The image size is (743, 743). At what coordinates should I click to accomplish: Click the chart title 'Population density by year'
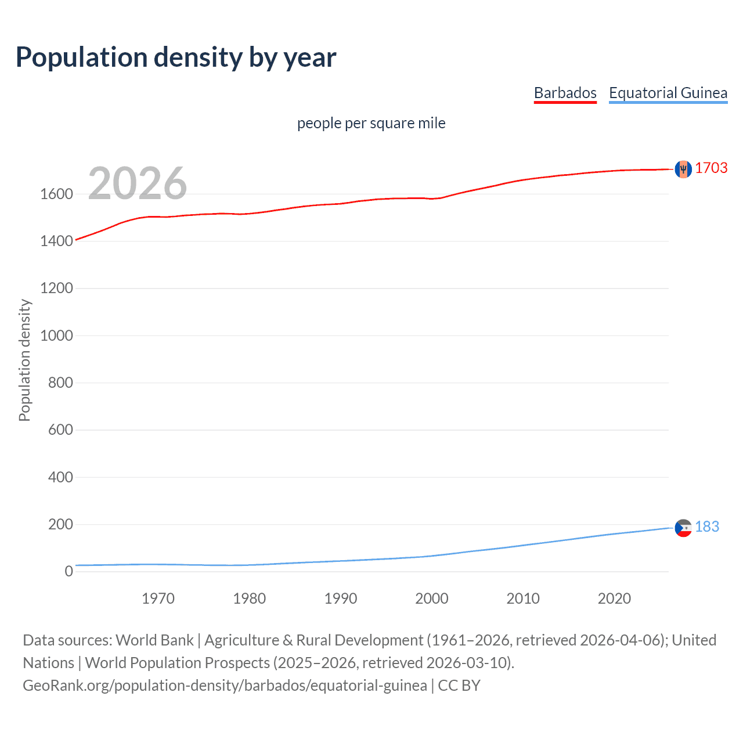coord(176,57)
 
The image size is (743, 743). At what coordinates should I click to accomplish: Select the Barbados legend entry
coord(565,93)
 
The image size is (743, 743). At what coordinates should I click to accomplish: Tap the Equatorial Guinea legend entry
coord(668,93)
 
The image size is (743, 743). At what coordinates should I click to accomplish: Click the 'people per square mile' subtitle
coord(371,123)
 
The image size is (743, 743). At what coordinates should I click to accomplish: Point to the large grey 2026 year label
coord(138,183)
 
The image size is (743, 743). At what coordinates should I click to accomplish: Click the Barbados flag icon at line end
coord(683,169)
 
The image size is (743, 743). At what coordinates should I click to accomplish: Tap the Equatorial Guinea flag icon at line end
coord(683,528)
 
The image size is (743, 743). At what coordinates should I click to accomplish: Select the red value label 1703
coord(711,168)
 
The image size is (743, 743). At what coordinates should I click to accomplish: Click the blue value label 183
coord(706,526)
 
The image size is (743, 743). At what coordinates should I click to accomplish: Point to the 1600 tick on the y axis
coord(56,194)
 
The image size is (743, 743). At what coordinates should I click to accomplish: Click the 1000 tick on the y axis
coord(56,336)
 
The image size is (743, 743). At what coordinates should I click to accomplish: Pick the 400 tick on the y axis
coord(60,477)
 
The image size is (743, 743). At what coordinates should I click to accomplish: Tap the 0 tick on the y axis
coord(68,572)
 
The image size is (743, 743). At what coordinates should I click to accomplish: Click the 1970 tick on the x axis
coord(158,598)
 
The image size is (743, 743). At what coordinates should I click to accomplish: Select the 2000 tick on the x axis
coord(432,598)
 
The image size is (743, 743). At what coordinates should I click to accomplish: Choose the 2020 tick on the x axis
coord(614,598)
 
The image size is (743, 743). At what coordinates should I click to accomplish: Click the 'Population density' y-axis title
coord(24,360)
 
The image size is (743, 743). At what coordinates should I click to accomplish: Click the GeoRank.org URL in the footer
coord(225,686)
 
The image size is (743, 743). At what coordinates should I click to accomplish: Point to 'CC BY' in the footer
coord(459,686)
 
